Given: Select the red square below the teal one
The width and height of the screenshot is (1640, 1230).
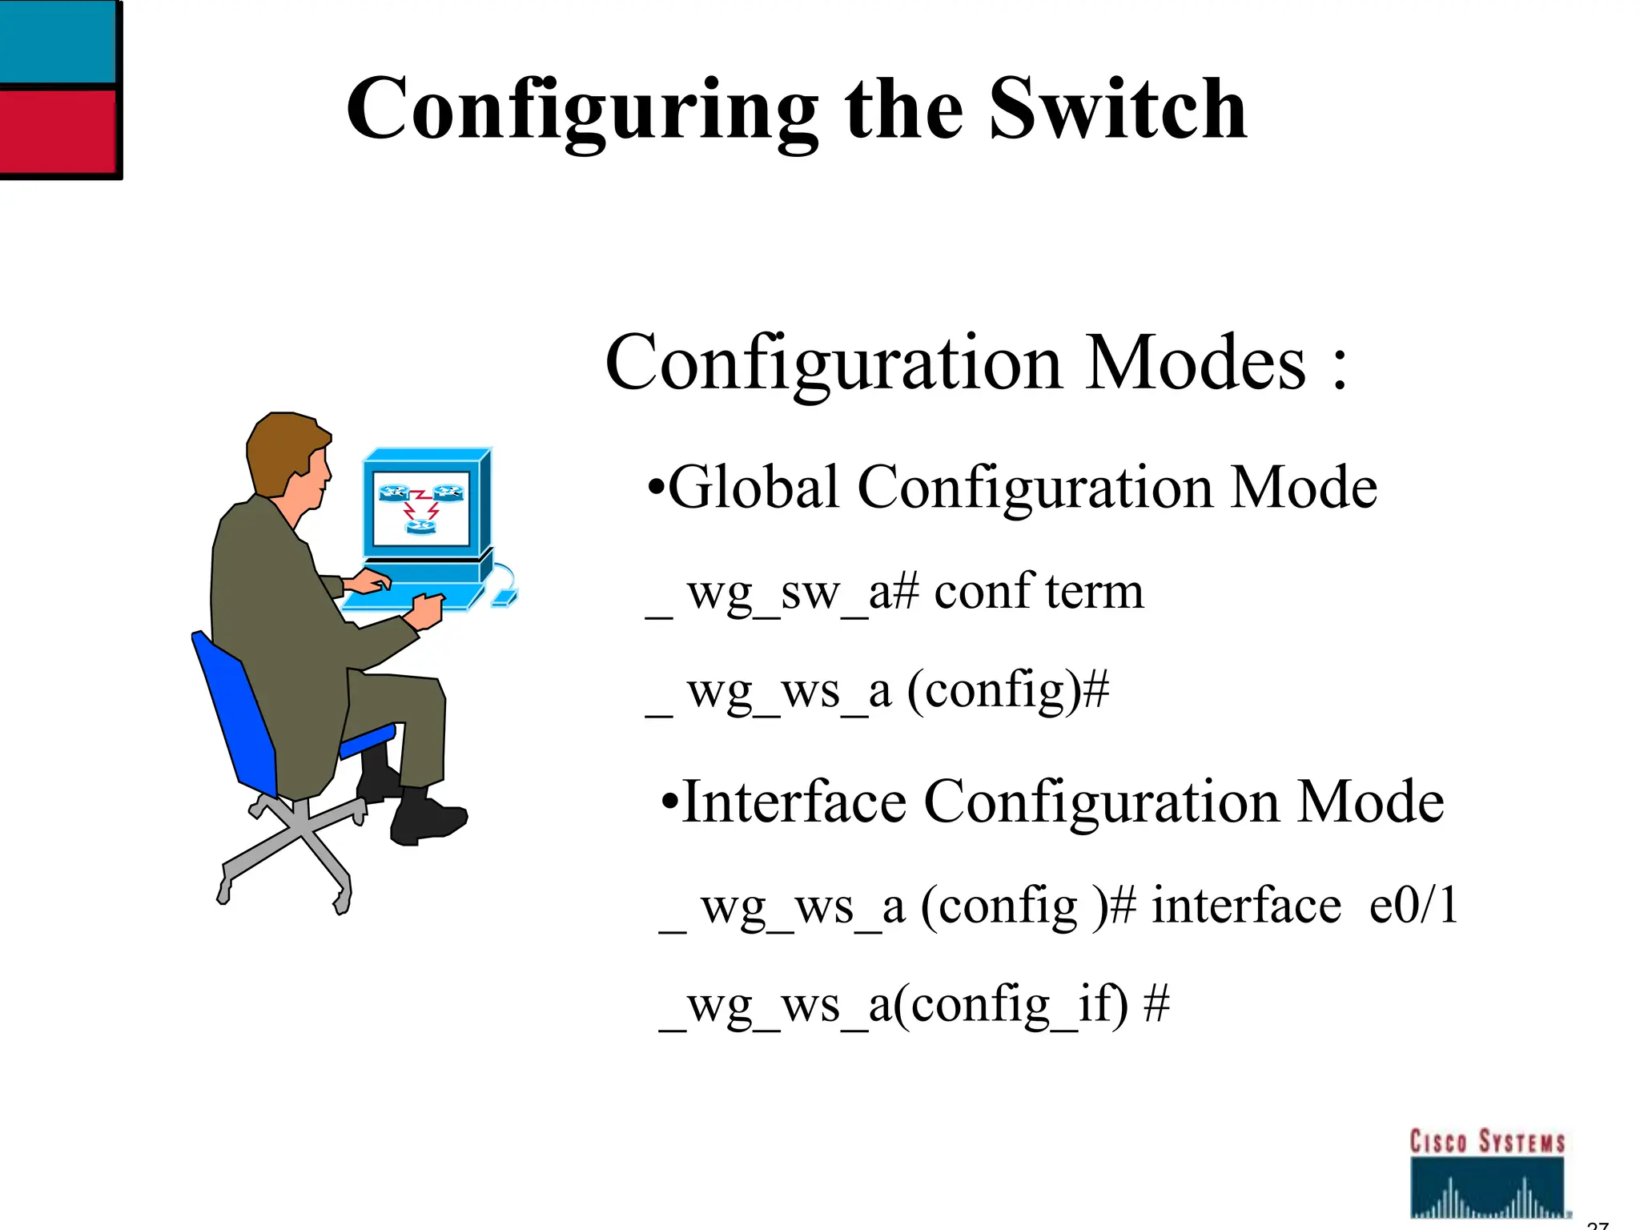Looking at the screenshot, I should tap(58, 130).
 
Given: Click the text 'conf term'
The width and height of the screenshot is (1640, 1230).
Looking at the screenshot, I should tap(1039, 593).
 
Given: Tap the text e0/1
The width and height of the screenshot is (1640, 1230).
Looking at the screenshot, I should tap(1413, 906).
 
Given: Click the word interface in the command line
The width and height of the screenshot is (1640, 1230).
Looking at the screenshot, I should tap(1245, 906).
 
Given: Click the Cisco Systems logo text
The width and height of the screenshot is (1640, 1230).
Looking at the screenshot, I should tap(1487, 1141).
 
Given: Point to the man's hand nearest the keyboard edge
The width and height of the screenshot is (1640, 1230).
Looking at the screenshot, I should tap(424, 610).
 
